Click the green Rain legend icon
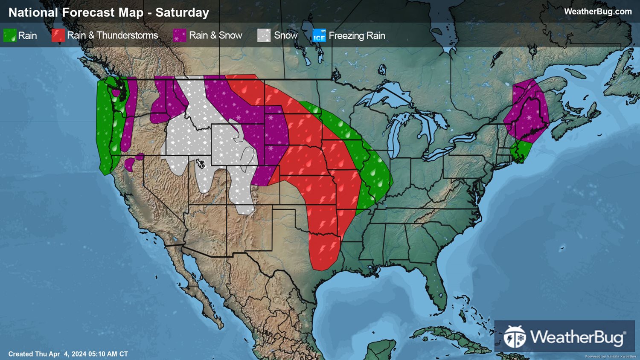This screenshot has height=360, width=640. point(10,35)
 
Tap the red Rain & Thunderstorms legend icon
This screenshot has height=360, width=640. point(58,35)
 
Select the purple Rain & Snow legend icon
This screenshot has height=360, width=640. point(180,35)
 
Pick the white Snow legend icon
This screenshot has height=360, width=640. point(264,35)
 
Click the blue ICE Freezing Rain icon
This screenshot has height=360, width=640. point(319,35)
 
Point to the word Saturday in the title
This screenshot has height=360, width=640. point(182,12)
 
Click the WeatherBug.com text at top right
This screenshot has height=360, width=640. point(598,12)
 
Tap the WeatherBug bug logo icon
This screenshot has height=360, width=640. point(515,337)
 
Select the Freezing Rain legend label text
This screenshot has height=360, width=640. point(357,35)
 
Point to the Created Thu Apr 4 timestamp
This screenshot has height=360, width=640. point(68,354)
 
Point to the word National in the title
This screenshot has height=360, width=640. point(33,12)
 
